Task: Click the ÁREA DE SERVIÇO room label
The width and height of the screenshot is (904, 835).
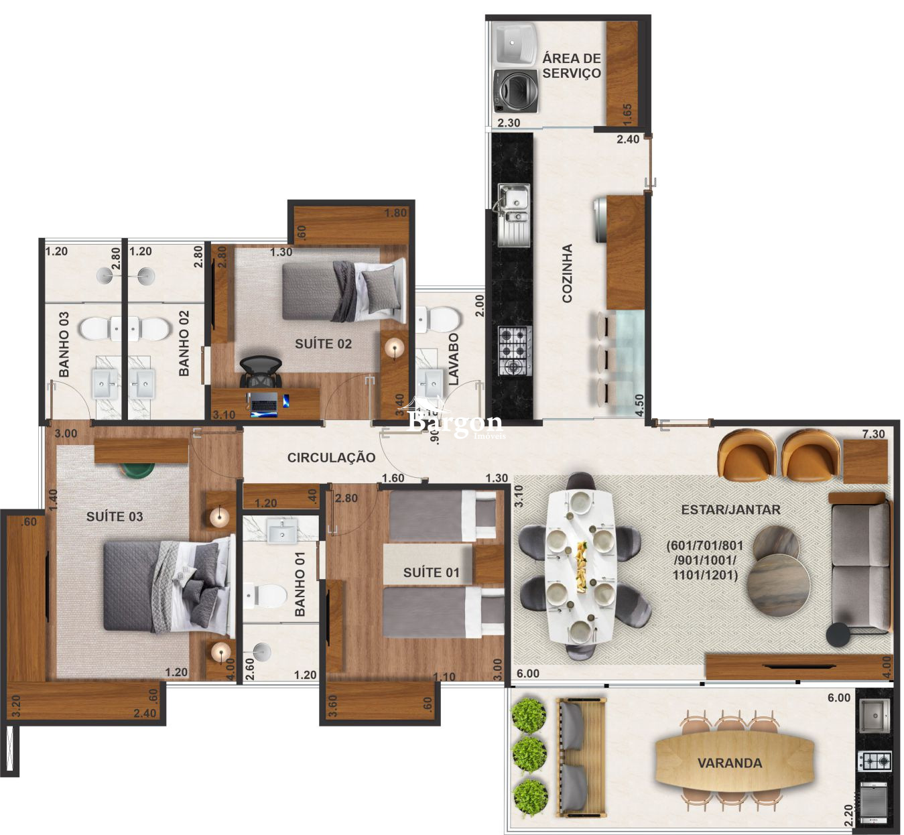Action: pyautogui.click(x=572, y=66)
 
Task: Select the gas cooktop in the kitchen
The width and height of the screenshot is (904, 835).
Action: pyautogui.click(x=515, y=350)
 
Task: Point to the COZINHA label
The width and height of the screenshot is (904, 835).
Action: pyautogui.click(x=568, y=273)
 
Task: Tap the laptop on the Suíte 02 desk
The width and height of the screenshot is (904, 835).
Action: pyautogui.click(x=264, y=403)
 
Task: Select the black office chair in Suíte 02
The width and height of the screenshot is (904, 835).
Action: pyautogui.click(x=260, y=371)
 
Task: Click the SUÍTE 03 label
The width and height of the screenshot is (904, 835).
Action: pyautogui.click(x=115, y=516)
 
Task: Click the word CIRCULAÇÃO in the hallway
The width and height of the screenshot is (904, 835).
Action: pyautogui.click(x=331, y=457)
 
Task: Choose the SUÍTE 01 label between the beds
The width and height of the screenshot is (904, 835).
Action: pyautogui.click(x=432, y=572)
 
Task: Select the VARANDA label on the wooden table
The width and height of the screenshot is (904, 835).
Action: pyautogui.click(x=729, y=763)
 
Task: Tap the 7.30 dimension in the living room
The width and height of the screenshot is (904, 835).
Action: pyautogui.click(x=873, y=434)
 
